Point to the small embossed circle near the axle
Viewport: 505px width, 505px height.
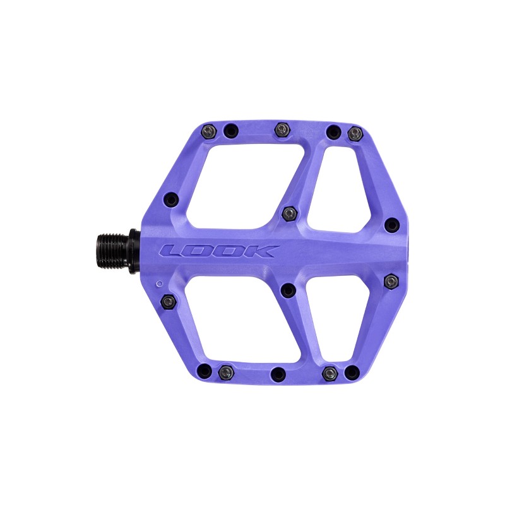pos(159,283)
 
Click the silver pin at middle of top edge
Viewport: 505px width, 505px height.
pos(282,129)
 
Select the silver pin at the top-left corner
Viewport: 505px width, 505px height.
pos(208,131)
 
